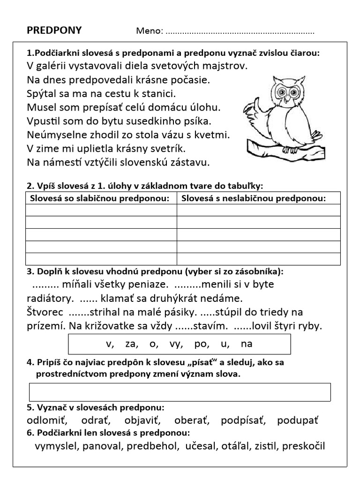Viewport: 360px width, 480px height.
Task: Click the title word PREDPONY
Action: (x=54, y=30)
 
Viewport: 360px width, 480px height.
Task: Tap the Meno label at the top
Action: (x=149, y=31)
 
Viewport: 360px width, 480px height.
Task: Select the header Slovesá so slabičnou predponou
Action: (x=99, y=198)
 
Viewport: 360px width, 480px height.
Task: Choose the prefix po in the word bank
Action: (x=201, y=344)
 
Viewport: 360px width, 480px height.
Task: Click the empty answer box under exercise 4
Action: (x=180, y=392)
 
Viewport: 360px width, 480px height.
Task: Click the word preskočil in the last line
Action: (x=302, y=446)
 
